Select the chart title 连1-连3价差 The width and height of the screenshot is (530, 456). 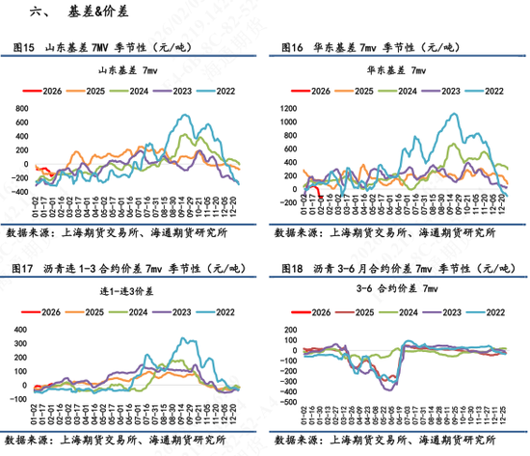point(129,291)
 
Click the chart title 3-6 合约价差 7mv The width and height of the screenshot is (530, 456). point(397,291)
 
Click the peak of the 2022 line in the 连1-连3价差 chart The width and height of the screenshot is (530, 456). point(183,338)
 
